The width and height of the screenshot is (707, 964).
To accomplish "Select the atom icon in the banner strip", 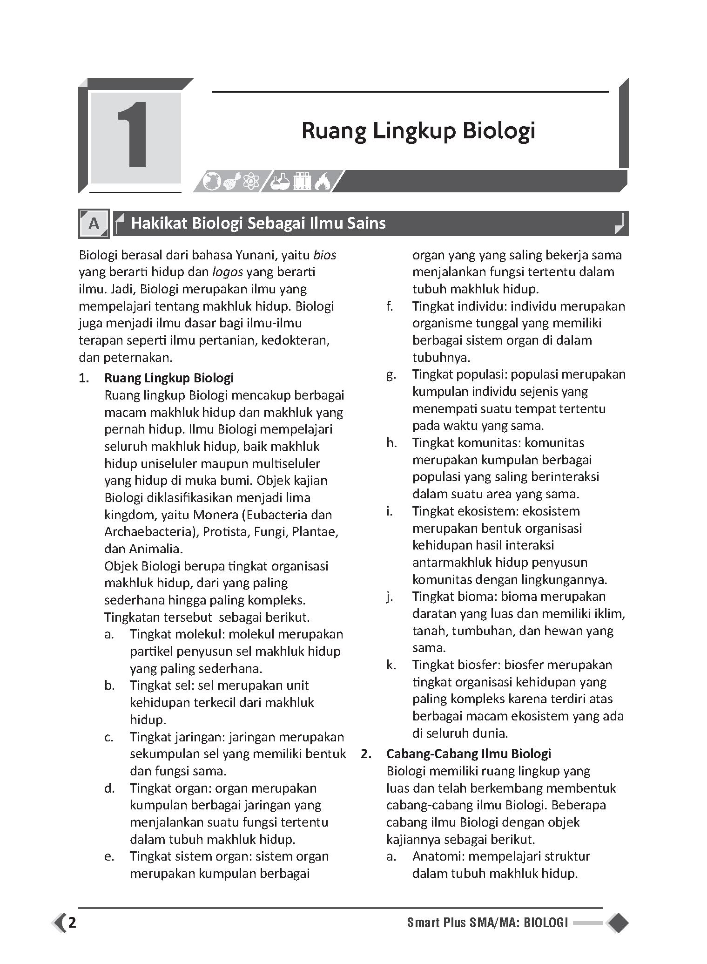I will pos(250,181).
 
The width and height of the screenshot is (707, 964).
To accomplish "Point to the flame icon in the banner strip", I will pos(322,181).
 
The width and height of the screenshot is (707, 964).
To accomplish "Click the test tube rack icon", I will pos(302,181).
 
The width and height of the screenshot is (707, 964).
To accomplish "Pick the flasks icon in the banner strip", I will pos(281,181).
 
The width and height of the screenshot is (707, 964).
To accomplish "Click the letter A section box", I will pos(94,224).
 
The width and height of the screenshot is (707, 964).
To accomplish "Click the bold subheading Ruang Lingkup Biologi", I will pos(169,378).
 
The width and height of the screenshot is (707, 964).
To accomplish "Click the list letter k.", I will pos(391,665).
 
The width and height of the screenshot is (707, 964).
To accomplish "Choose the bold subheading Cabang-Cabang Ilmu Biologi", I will pos(469,754).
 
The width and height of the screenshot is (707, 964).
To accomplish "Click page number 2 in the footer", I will pos(72,923).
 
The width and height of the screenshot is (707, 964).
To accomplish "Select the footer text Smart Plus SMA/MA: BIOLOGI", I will pos(487,923).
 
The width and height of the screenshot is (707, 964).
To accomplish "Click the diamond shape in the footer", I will pos(618,923).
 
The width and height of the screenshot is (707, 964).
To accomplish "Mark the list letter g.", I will pos(391,375).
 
